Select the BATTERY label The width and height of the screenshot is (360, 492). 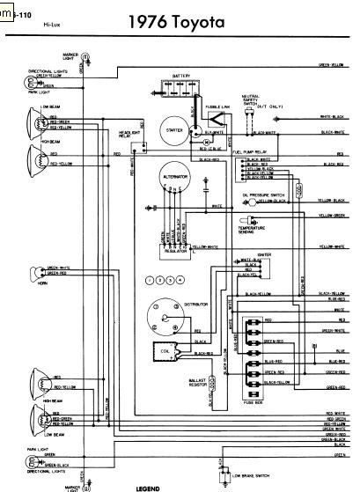pos(182,76)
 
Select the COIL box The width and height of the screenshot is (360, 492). pos(163,351)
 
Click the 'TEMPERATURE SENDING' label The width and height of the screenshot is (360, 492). pos(252,231)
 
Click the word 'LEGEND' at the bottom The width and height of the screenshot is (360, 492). pos(148,486)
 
